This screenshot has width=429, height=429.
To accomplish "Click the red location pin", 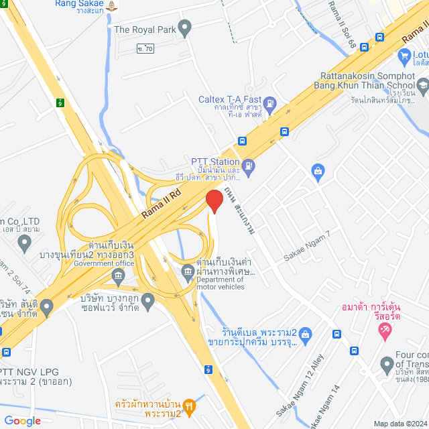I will [x=214, y=201].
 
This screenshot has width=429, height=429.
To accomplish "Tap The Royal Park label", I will [x=145, y=29].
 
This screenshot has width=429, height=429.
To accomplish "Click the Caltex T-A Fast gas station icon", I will [x=270, y=104].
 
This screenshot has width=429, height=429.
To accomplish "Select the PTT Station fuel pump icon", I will [x=249, y=165].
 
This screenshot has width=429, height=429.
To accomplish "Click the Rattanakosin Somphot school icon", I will [x=423, y=85].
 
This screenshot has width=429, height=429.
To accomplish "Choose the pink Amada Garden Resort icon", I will [x=385, y=329].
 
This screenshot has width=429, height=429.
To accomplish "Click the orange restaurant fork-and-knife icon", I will [x=190, y=405].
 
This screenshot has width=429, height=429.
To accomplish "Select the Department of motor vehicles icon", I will [x=188, y=271].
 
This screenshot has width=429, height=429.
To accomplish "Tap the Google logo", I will [x=22, y=420].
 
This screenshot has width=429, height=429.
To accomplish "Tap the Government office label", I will [x=105, y=263].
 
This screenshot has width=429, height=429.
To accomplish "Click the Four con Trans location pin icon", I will [x=386, y=365].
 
